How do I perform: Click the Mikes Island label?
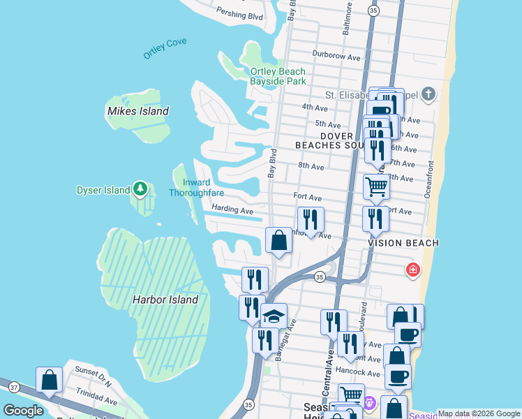tap(137, 111)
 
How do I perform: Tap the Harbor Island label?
tap(165, 300)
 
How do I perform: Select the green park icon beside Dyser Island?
tap(140, 189)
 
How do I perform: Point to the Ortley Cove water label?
tap(165, 47)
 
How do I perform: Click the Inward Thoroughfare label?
tap(197, 188)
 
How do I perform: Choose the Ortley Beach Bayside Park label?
tap(278, 76)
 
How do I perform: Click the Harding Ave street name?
tap(232, 209)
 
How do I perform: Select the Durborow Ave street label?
tap(336, 57)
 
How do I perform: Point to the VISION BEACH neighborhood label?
tap(403, 243)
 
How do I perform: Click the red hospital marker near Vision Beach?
tap(413, 270)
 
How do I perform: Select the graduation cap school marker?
tap(274, 316)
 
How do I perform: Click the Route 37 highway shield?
tap(13, 386)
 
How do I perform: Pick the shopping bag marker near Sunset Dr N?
tap(50, 380)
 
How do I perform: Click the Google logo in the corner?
tap(23, 411)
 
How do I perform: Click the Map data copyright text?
tap(479, 413)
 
